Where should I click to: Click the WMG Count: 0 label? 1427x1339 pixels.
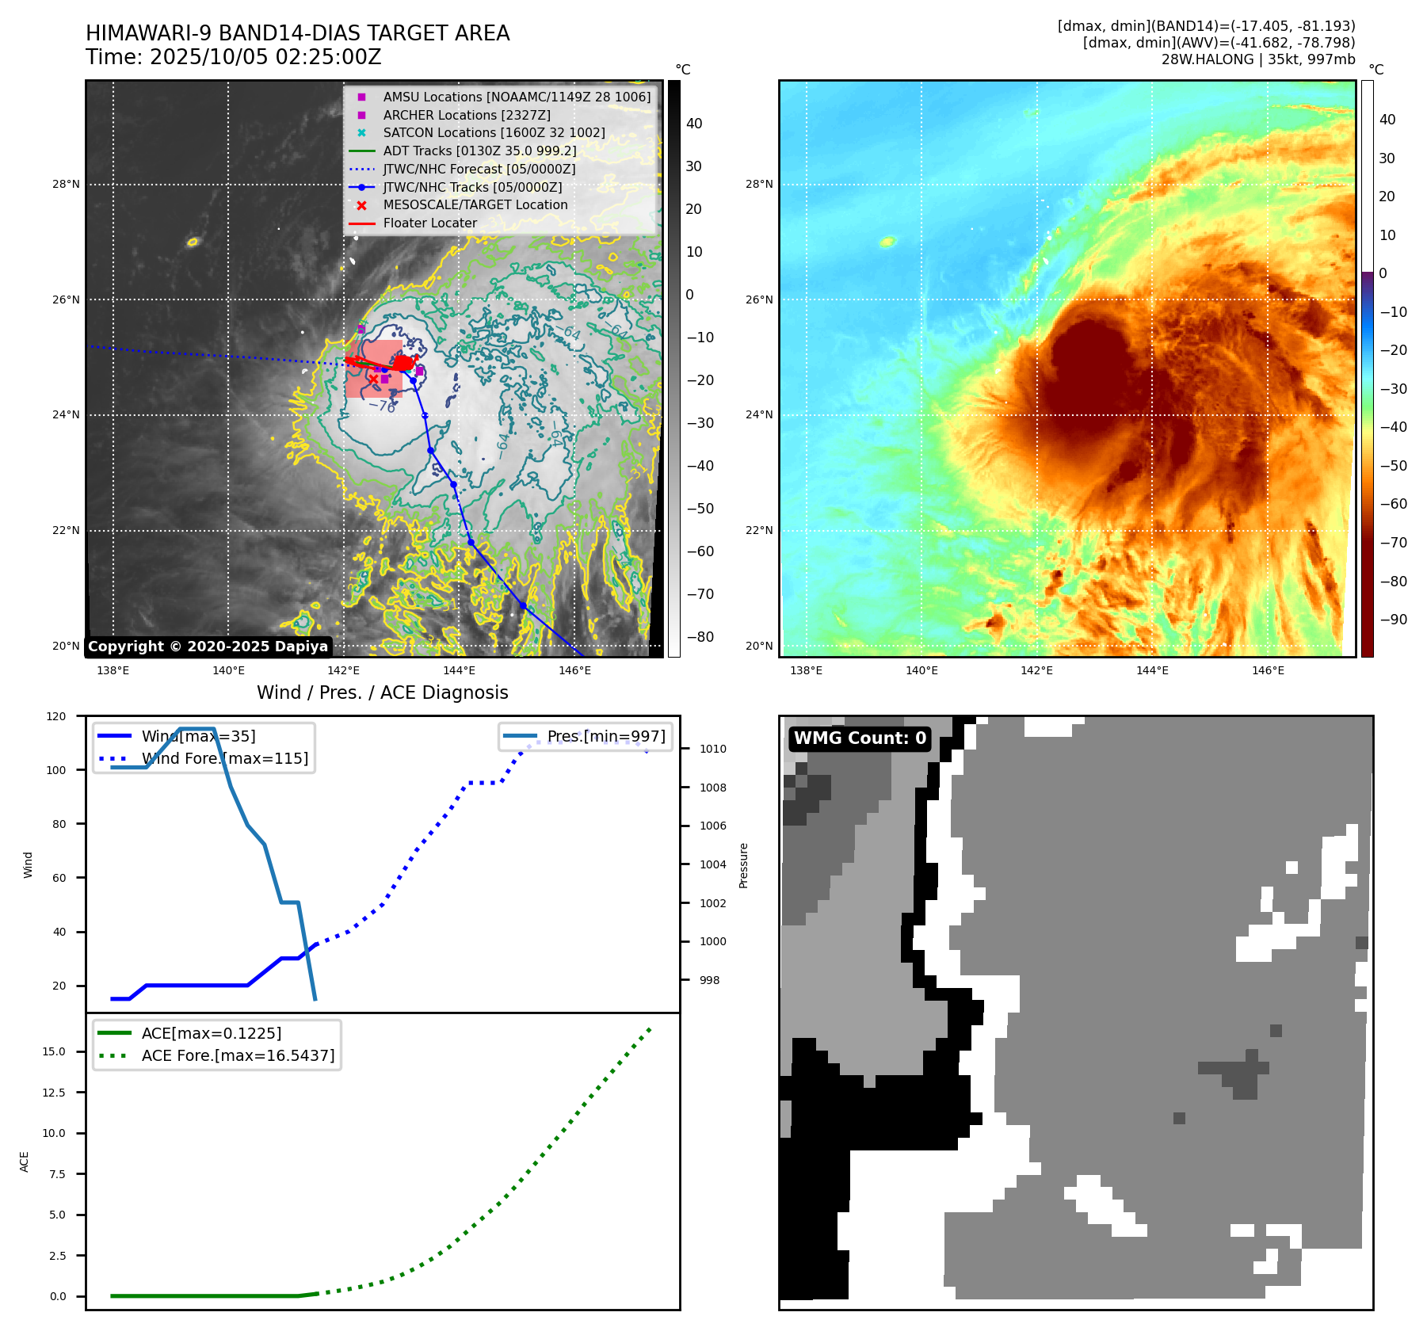click(x=860, y=738)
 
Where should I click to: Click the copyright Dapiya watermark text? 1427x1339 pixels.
click(x=208, y=647)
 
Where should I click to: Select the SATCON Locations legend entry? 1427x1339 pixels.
click(x=494, y=133)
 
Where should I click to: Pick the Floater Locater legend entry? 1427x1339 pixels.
click(x=429, y=223)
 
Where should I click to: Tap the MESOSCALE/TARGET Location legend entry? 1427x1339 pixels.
click(x=475, y=205)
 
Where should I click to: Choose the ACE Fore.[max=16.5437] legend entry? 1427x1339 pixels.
click(x=238, y=1055)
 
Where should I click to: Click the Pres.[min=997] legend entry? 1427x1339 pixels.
click(x=606, y=736)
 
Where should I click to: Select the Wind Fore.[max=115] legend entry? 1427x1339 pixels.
click(x=224, y=758)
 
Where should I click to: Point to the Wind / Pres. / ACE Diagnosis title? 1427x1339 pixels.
click(x=383, y=692)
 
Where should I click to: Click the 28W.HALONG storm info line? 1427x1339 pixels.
click(x=1258, y=59)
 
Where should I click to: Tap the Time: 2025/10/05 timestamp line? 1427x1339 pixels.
click(x=234, y=58)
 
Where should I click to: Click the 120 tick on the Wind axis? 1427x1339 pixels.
click(x=56, y=716)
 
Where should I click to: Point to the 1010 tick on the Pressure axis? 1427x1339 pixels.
click(x=712, y=749)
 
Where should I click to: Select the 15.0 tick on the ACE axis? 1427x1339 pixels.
click(x=54, y=1051)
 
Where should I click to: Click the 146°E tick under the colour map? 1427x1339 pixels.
click(x=1268, y=670)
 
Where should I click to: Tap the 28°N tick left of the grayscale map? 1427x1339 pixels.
click(x=66, y=185)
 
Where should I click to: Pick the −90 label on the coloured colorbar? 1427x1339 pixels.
click(x=1393, y=620)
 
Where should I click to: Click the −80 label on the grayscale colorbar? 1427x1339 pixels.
click(x=700, y=637)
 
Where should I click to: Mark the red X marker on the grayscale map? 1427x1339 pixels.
click(x=373, y=379)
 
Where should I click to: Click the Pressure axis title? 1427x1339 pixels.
click(x=743, y=865)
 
